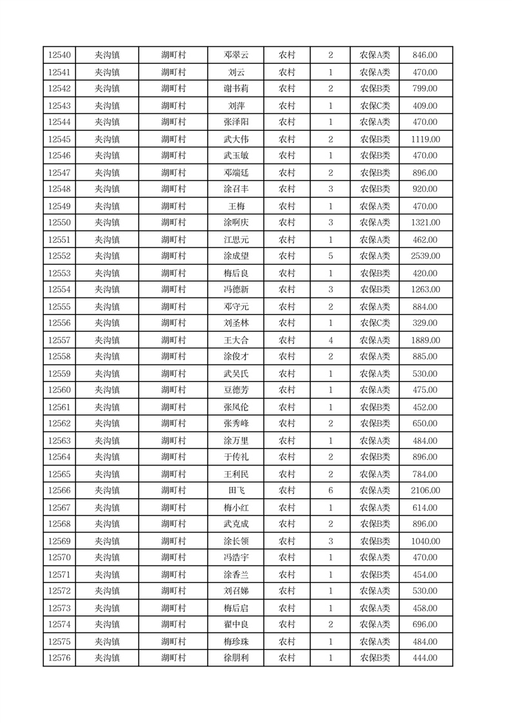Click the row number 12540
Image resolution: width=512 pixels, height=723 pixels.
pyautogui.click(x=59, y=55)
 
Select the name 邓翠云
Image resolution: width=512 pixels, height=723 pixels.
pyautogui.click(x=236, y=55)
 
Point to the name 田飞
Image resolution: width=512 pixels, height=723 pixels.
pyautogui.click(x=236, y=491)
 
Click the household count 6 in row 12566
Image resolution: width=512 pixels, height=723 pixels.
pyautogui.click(x=330, y=491)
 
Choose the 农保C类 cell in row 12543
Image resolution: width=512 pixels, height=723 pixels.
pyautogui.click(x=375, y=106)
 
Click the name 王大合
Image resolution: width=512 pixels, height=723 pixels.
pyautogui.click(x=236, y=340)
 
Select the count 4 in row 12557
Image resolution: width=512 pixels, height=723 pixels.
pyautogui.click(x=330, y=340)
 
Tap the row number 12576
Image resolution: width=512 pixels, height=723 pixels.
pyautogui.click(x=59, y=659)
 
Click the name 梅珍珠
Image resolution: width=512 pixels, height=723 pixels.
pyautogui.click(x=236, y=642)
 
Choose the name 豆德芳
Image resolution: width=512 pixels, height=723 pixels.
pyautogui.click(x=236, y=390)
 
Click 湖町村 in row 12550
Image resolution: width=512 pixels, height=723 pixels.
pyautogui.click(x=173, y=223)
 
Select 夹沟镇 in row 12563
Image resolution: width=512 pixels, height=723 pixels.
pyautogui.click(x=107, y=441)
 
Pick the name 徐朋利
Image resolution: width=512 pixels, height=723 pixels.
pyautogui.click(x=236, y=659)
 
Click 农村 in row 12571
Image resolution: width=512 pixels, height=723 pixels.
pyautogui.click(x=287, y=575)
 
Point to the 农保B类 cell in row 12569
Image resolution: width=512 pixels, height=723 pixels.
pyautogui.click(x=375, y=541)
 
